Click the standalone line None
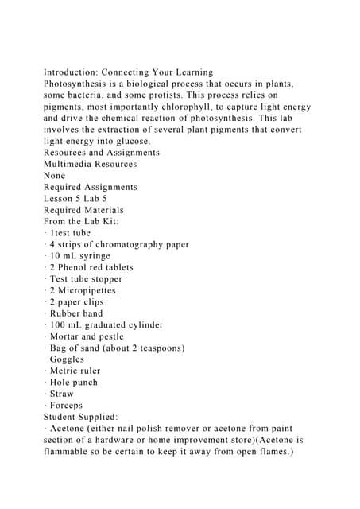point(56,175)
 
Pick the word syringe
point(93,256)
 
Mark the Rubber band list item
point(76,313)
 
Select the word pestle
point(107,336)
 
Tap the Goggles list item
point(67,359)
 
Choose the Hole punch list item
point(73,382)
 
